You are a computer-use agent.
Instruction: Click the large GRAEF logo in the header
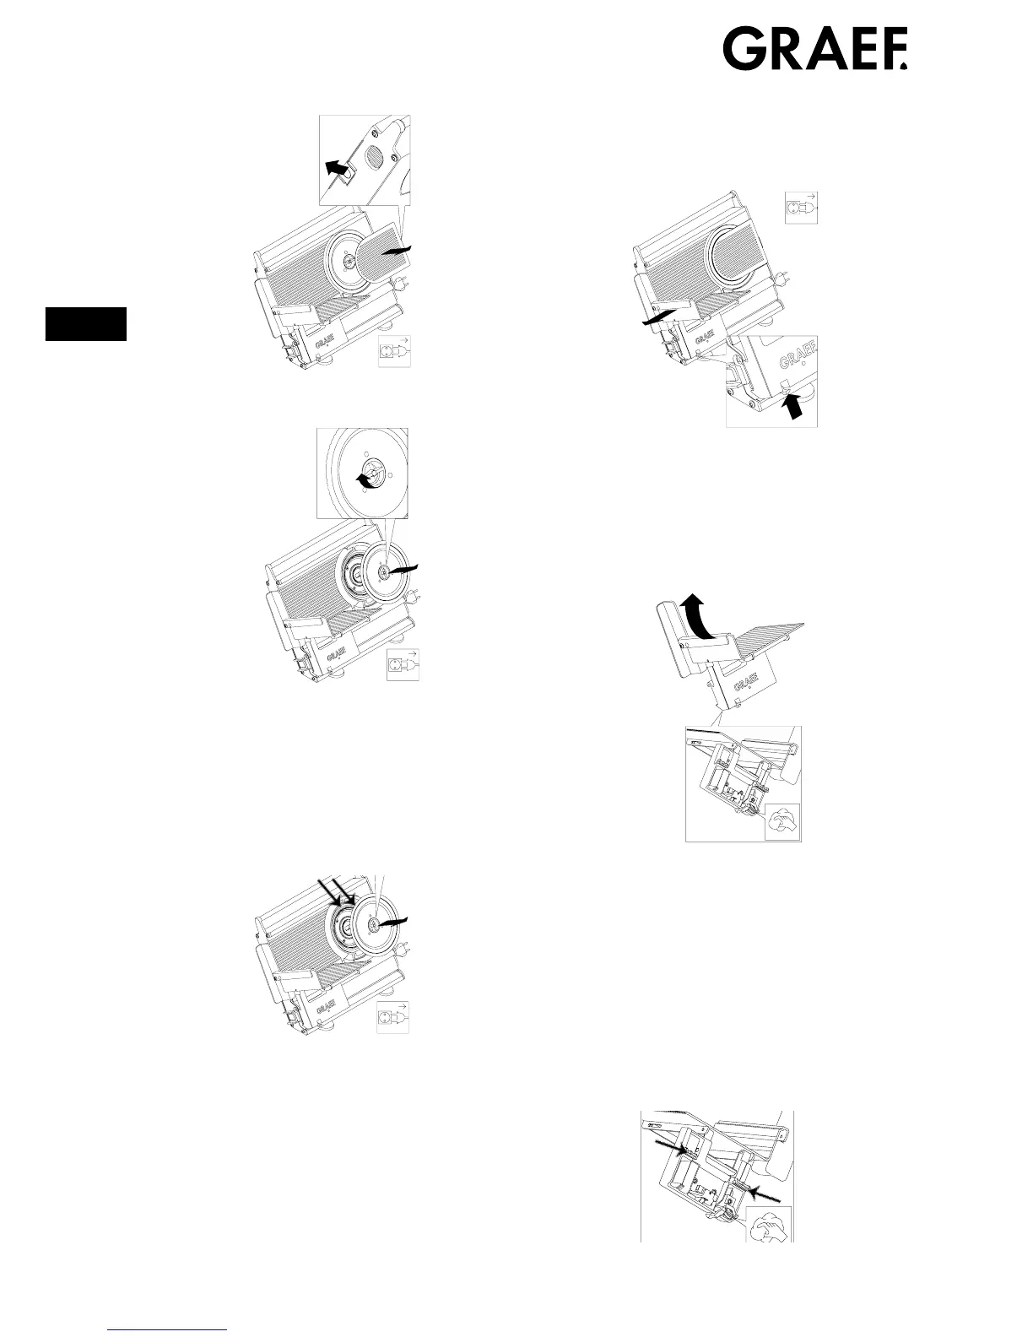[x=814, y=50]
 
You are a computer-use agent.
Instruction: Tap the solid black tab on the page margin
[x=86, y=324]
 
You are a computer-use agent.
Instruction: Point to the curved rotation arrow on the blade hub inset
[x=365, y=479]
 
